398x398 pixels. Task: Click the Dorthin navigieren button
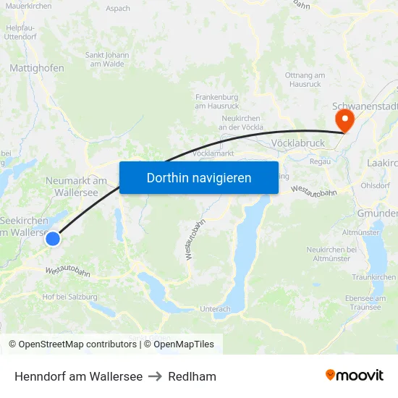[199, 177]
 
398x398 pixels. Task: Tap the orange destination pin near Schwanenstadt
[344, 119]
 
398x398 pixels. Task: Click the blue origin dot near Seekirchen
[52, 238]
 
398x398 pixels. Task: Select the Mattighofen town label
[37, 68]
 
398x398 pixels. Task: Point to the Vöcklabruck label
[297, 143]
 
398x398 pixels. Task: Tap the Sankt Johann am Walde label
[107, 59]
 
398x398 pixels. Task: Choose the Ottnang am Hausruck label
[305, 80]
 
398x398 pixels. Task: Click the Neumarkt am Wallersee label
[76, 187]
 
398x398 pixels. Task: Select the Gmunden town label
[377, 213]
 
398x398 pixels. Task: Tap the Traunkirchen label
[373, 277]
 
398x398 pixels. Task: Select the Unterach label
[216, 309]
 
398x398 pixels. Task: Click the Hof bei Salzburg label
[70, 297]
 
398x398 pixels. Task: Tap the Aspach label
[118, 9]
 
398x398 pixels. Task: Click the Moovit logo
[355, 375]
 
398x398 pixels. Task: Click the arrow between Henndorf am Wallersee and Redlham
[155, 376]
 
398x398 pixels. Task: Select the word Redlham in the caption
[192, 376]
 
